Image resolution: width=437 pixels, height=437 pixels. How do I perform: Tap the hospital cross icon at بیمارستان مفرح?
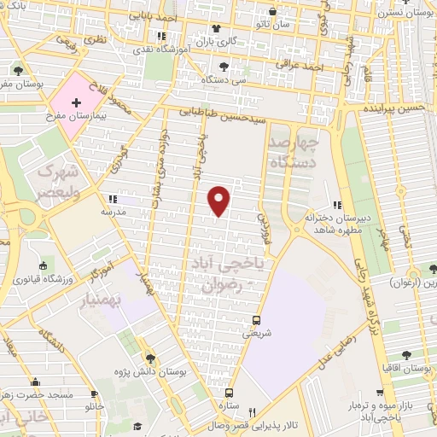pos(78,102)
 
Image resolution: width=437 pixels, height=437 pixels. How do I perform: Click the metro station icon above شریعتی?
pos(255,321)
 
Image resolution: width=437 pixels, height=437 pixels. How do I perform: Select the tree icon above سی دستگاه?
pos(224,66)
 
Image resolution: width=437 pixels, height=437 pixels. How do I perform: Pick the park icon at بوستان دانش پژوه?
pos(150,358)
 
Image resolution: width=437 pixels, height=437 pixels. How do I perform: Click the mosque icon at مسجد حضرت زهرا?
pos(36,382)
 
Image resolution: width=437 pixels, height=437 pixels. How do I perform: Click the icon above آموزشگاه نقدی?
pos(161,37)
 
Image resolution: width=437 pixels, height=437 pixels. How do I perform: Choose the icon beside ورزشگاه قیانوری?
pos(42,265)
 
